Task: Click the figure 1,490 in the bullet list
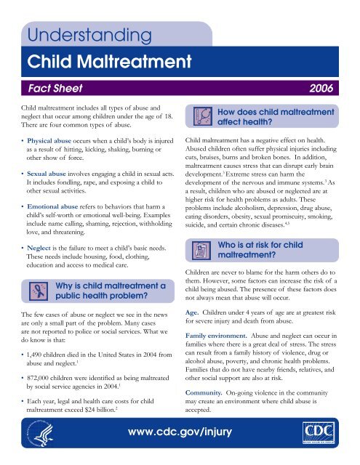[43, 379]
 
